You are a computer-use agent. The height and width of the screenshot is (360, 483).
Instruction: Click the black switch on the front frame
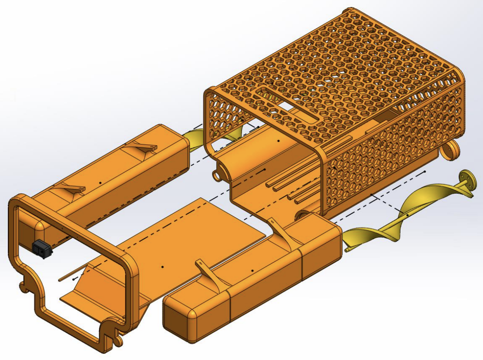42,249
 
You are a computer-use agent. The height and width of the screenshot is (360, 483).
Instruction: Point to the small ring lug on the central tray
217,175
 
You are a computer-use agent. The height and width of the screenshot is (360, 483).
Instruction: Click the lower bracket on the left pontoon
74,190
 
